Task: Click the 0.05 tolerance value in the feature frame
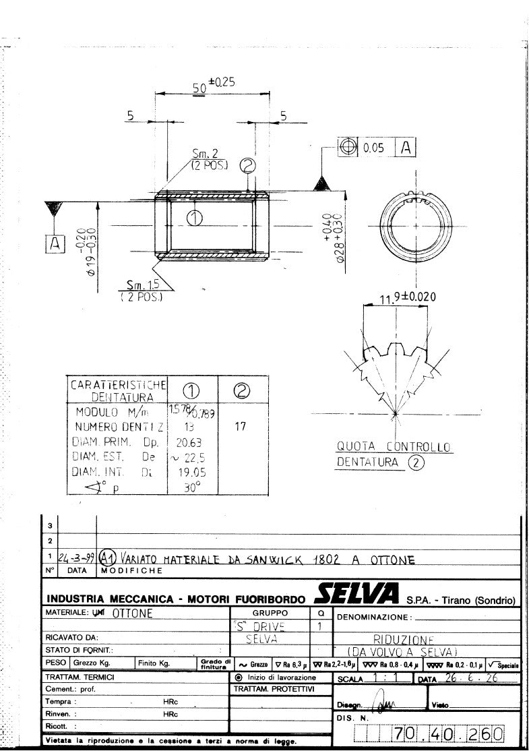373,148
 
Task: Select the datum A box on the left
54,244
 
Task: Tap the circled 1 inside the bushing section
194,218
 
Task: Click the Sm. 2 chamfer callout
201,158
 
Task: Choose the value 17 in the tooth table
240,426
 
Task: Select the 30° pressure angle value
192,487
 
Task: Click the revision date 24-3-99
77,558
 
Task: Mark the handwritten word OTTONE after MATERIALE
132,613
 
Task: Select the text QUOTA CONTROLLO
394,447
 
